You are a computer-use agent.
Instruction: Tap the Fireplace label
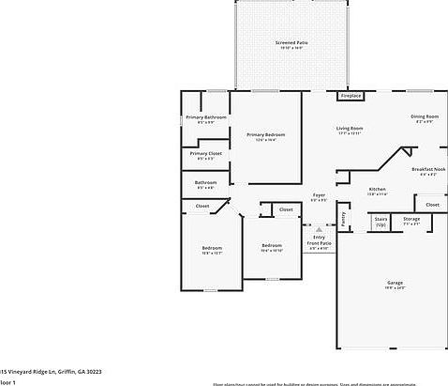pos(351,96)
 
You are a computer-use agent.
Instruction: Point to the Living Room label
pos(350,128)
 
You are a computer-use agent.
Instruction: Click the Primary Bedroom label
pos(266,134)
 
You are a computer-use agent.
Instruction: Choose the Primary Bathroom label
pos(206,117)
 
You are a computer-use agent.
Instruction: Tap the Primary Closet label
pos(206,153)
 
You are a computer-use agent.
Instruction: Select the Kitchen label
pos(377,189)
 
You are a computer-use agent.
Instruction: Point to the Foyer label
pos(319,195)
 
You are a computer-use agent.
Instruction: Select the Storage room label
pos(411,219)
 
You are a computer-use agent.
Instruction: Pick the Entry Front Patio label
pos(319,240)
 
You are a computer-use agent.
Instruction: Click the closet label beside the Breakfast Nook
pos(432,204)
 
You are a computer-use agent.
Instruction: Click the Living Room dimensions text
pos(350,134)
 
